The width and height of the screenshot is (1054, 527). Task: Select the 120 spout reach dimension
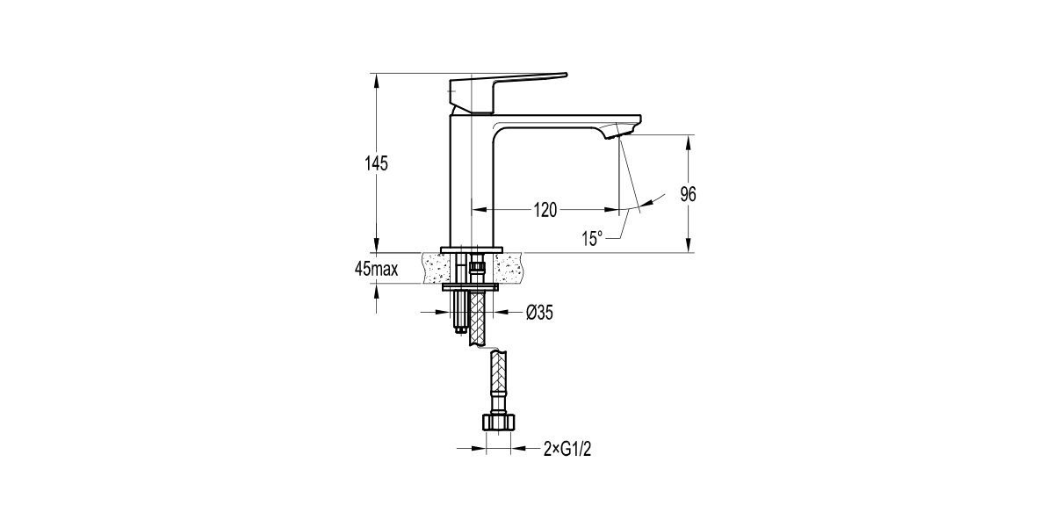click(545, 210)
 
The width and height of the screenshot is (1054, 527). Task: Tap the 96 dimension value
click(689, 195)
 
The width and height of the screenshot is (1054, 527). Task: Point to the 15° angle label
click(592, 238)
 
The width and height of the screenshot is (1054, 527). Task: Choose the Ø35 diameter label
click(538, 312)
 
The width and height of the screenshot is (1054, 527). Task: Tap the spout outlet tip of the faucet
click(618, 132)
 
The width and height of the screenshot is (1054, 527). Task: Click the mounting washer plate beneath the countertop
click(471, 285)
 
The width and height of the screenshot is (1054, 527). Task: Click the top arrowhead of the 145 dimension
click(376, 79)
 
